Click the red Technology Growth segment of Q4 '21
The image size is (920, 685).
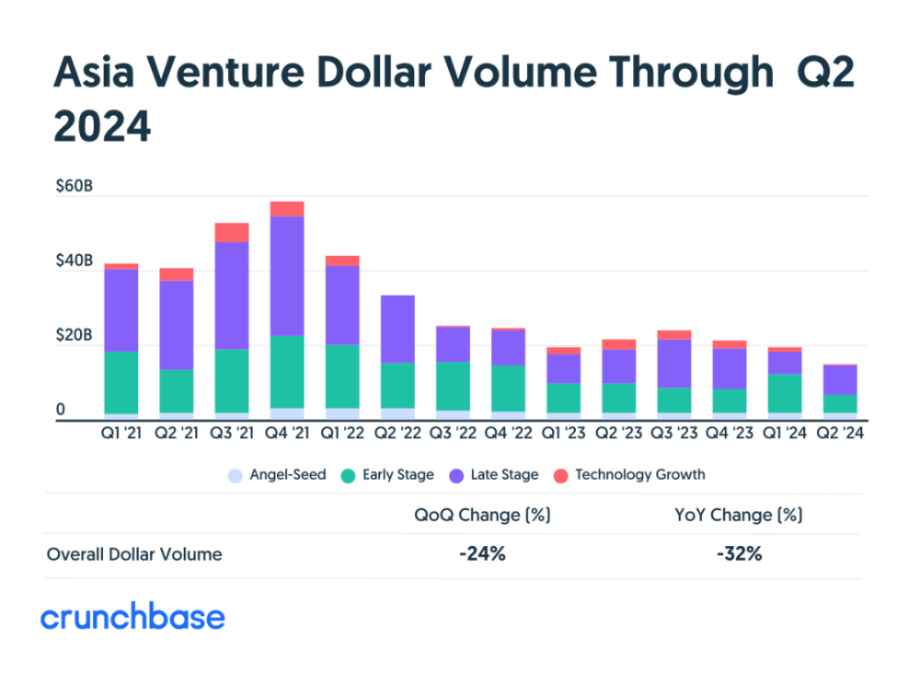tap(287, 209)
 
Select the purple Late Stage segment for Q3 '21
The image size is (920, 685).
tap(232, 296)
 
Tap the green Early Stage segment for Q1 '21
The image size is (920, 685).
tap(121, 383)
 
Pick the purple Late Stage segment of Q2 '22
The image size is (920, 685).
tap(397, 330)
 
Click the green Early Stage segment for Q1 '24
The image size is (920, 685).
tap(785, 394)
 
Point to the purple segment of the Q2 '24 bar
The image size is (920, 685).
tap(840, 380)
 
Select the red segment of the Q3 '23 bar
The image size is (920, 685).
tap(674, 335)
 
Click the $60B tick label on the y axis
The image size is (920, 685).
tap(74, 186)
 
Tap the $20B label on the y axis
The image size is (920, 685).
tap(74, 335)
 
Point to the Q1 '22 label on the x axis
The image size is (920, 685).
tap(342, 433)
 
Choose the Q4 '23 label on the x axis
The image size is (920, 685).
tap(730, 433)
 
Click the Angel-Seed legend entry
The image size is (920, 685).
tap(277, 475)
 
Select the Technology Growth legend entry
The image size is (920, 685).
tap(629, 475)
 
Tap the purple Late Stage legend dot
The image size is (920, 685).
tap(456, 476)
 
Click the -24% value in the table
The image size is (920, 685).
tap(482, 553)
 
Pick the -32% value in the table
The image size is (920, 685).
tap(740, 553)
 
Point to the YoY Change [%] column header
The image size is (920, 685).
tap(739, 515)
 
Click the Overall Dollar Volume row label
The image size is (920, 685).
tap(134, 554)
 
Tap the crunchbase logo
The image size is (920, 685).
tap(132, 616)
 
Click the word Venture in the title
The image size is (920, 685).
tap(225, 72)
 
